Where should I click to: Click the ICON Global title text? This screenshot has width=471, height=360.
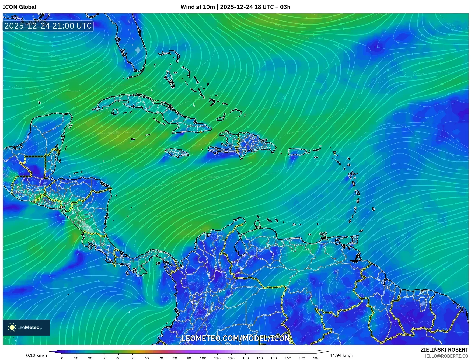pyautogui.click(x=19, y=7)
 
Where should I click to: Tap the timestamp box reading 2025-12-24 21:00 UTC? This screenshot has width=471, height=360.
pyautogui.click(x=48, y=26)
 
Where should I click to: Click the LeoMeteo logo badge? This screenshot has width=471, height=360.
pyautogui.click(x=26, y=327)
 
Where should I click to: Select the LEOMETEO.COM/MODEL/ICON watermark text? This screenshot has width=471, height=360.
pyautogui.click(x=235, y=338)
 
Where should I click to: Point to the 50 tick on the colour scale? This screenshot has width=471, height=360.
pyautogui.click(x=132, y=358)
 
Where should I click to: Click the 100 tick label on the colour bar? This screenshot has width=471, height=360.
pyautogui.click(x=203, y=358)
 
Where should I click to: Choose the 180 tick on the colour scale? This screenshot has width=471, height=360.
pyautogui.click(x=316, y=358)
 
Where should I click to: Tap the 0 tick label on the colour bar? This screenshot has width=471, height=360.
pyautogui.click(x=62, y=358)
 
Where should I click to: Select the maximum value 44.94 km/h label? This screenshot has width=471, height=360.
pyautogui.click(x=341, y=355)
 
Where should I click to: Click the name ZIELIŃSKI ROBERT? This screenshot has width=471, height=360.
pyautogui.click(x=444, y=350)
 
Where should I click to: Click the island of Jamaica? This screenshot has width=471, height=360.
pyautogui.click(x=177, y=153)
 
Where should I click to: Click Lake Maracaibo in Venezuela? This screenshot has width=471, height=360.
pyautogui.click(x=239, y=246)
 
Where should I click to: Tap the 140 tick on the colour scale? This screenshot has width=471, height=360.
pyautogui.click(x=260, y=358)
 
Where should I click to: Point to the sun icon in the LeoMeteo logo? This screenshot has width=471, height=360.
pyautogui.click(x=12, y=327)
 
